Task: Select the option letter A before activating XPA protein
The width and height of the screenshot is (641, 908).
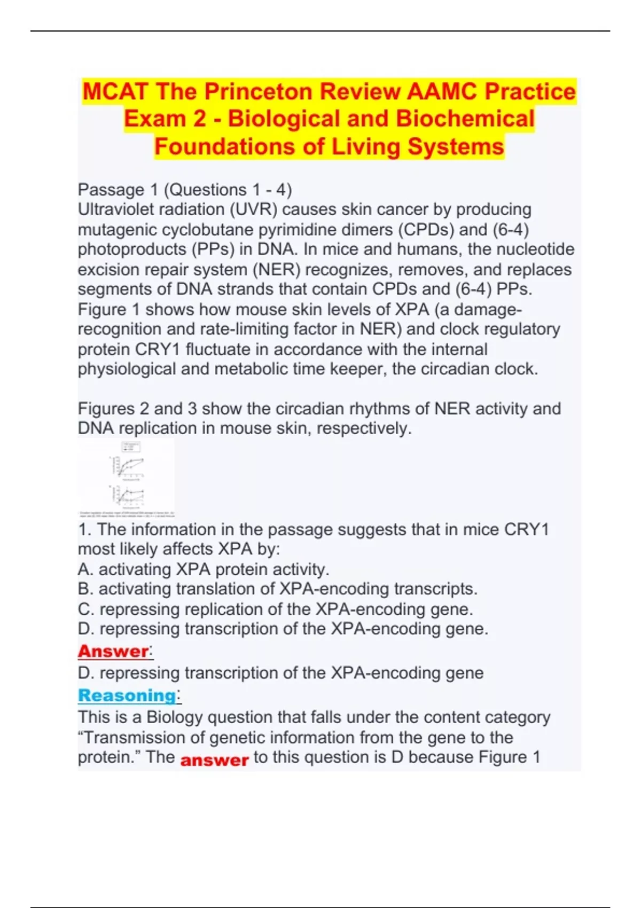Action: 85,569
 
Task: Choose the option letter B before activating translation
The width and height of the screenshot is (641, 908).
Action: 85,589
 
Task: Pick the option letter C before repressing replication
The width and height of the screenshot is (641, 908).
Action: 85,609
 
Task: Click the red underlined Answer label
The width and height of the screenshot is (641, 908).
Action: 113,651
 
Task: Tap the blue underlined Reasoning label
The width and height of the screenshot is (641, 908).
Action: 127,695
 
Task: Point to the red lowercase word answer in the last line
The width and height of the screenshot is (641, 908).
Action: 214,760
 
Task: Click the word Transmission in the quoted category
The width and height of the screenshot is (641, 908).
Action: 134,738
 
